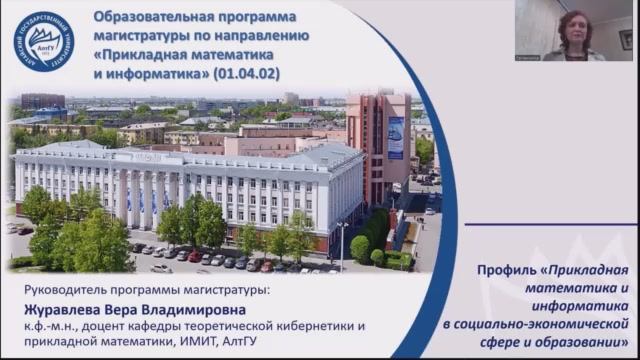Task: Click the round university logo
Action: coord(43,41)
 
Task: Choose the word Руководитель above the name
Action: coord(63,290)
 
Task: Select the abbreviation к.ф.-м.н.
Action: coord(51,326)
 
